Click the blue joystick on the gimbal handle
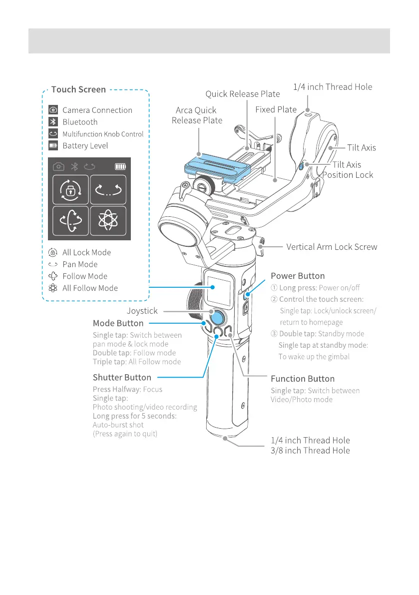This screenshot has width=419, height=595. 217,318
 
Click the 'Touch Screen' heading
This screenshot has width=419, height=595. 78,90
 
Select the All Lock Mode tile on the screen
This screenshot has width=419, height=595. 70,190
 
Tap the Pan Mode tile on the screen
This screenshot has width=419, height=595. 108,190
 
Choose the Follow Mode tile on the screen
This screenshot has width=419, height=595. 70,221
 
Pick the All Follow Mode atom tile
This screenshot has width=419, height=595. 108,221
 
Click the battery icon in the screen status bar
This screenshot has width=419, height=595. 121,166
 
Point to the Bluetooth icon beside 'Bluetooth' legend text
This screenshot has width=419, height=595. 53,122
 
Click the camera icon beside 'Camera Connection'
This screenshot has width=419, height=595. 53,110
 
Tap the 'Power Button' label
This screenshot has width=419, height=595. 298,276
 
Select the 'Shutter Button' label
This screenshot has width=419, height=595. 122,377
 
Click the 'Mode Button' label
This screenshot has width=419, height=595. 118,323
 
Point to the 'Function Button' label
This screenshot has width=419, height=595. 303,379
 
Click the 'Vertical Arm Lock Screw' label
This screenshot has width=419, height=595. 332,247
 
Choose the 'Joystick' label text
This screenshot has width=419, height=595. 142,311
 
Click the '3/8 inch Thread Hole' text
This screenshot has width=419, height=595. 310,451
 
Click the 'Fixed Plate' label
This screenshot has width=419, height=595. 276,109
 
